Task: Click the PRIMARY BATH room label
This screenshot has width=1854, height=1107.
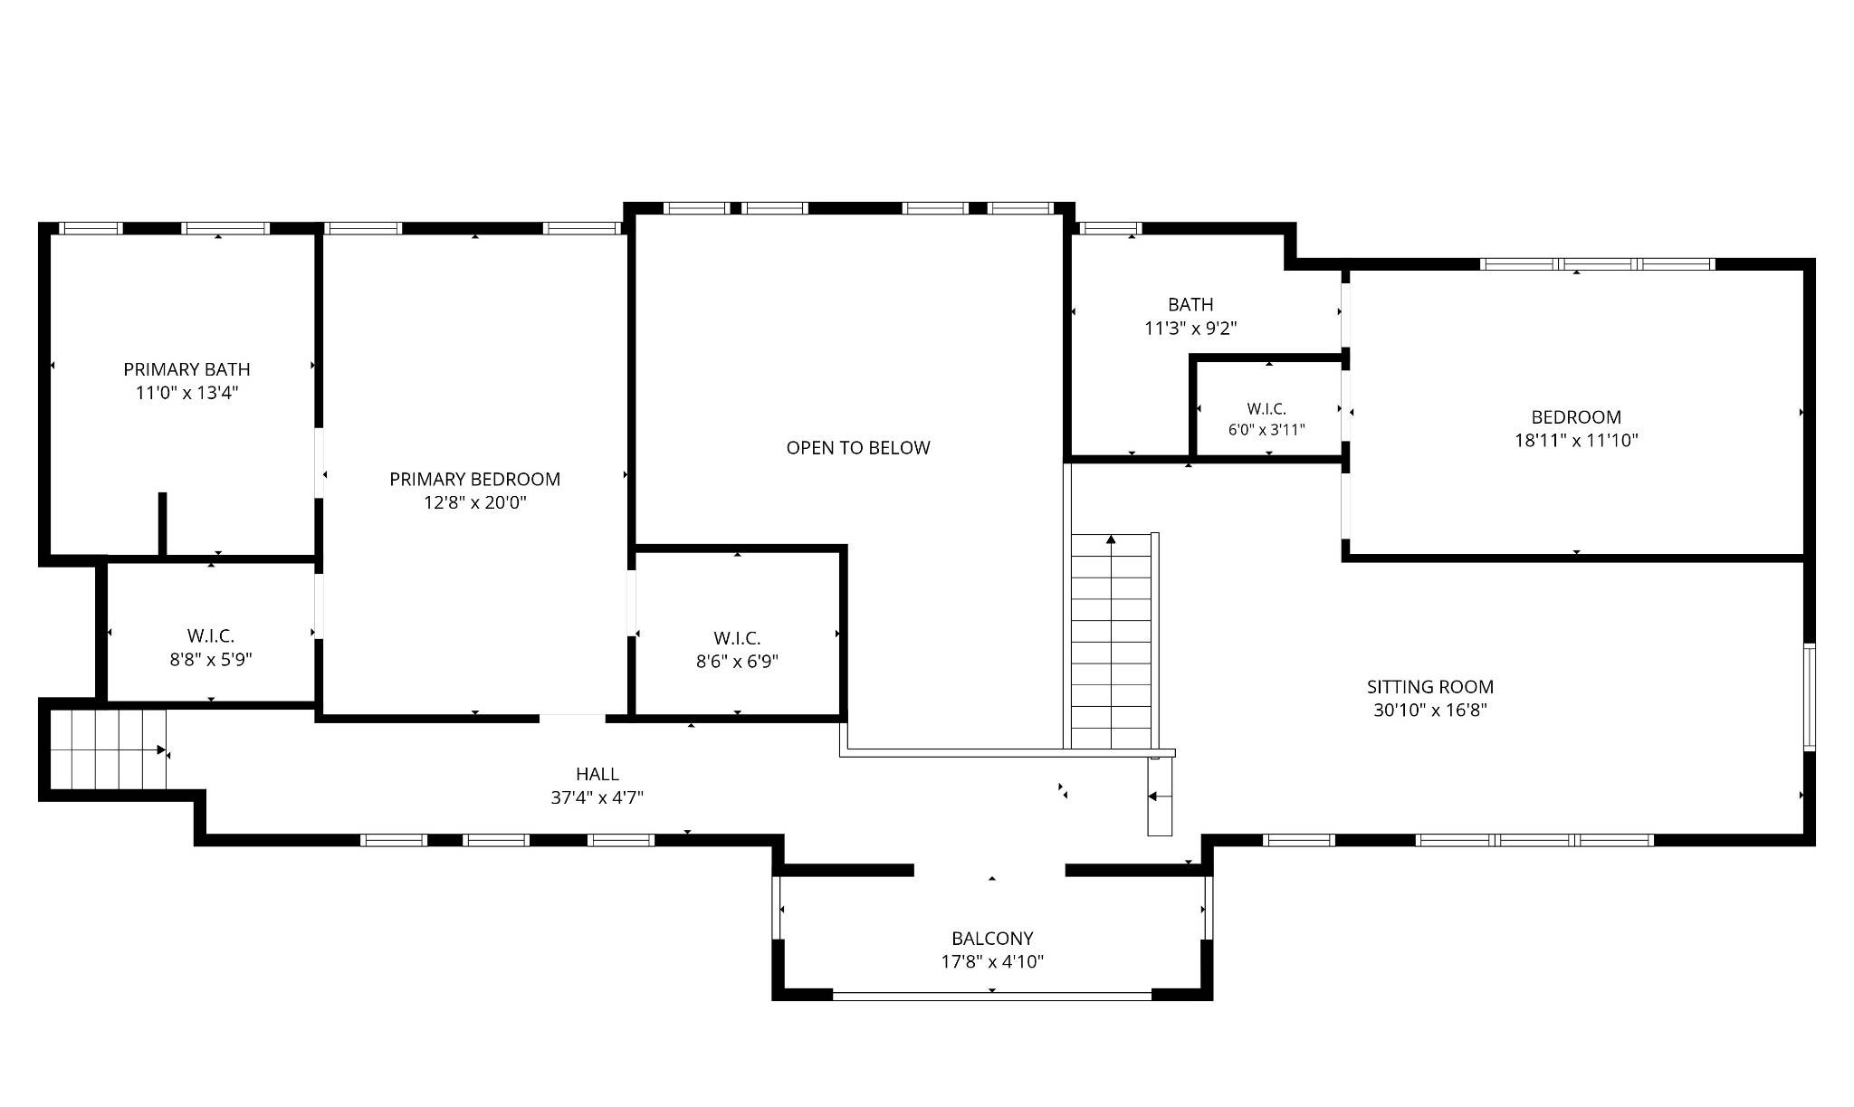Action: tap(186, 369)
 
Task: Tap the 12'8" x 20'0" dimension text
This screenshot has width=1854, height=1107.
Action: tap(475, 502)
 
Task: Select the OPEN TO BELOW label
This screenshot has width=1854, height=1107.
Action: tap(858, 447)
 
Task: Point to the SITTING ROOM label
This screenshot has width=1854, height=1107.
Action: tap(1430, 687)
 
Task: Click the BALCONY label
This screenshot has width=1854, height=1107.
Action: tap(992, 939)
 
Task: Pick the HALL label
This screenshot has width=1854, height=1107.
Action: tap(597, 774)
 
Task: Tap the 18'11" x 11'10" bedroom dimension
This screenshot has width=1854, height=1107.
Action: tap(1577, 441)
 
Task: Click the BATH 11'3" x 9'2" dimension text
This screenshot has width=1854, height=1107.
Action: tap(1190, 329)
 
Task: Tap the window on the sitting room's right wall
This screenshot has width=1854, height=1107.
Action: tap(1810, 697)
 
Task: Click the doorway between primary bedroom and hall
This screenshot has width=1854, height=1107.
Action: tap(572, 718)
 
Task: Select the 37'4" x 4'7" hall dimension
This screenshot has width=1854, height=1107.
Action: tap(597, 797)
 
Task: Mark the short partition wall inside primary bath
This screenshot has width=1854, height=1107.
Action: tap(163, 523)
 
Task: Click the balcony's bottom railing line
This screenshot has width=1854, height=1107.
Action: tap(992, 996)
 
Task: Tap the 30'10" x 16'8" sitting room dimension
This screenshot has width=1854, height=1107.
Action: tap(1430, 711)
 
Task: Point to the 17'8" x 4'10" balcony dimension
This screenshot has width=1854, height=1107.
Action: tap(992, 962)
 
